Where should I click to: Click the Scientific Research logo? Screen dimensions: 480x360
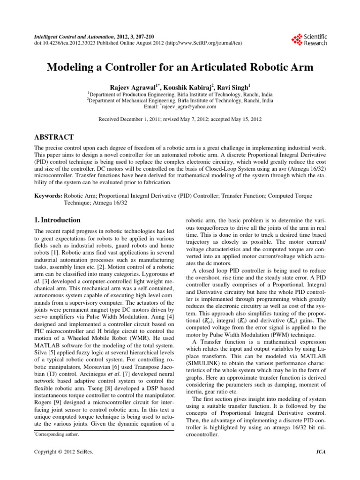click(x=309, y=40)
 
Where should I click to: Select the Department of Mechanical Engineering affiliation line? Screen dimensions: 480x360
click(x=180, y=100)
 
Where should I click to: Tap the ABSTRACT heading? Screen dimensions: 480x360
click(x=54, y=137)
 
